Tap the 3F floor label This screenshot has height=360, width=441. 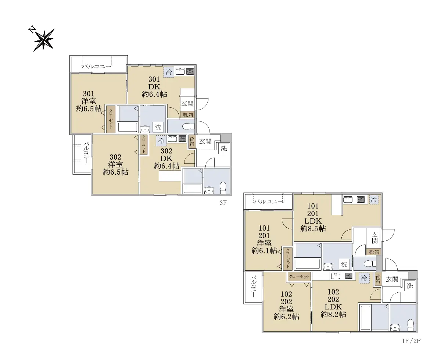point(223,203)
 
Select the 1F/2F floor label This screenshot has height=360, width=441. point(411,341)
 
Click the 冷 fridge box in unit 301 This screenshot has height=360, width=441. point(169,72)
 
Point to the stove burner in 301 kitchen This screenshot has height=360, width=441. point(190,72)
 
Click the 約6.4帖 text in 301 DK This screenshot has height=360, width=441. point(154,95)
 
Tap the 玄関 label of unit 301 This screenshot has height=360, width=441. point(187,103)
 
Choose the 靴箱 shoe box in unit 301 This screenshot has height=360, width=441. point(188,115)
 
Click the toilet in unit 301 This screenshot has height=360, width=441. point(188,126)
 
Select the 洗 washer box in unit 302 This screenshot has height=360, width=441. point(224,148)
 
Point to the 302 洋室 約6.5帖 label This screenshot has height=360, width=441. point(116,164)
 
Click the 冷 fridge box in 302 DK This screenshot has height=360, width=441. point(161,140)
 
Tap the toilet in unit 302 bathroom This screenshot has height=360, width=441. point(223,188)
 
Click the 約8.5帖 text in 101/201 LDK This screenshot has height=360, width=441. point(313,228)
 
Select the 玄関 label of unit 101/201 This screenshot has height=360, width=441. point(374,238)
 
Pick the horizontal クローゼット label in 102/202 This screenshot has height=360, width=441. point(299,277)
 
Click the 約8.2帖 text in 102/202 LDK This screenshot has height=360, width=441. point(333,314)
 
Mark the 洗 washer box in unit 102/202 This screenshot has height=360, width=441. point(410,286)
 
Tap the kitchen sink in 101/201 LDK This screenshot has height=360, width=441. point(348,200)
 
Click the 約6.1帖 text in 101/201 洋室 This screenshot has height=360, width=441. point(264,250)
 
